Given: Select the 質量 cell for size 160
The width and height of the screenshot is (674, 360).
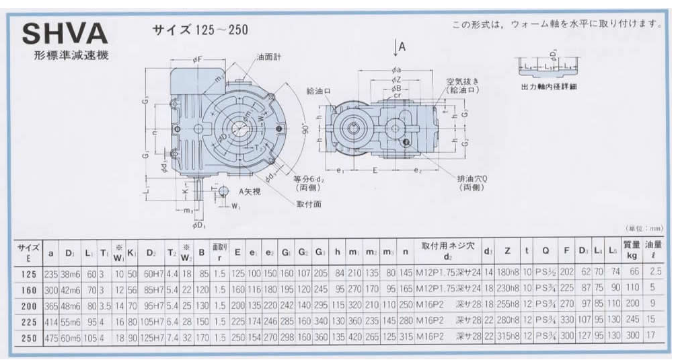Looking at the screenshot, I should pos(631,289).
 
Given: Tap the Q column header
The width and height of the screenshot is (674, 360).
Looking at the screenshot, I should pos(546,251).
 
